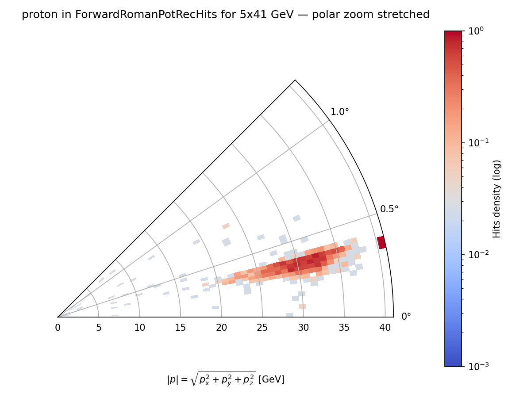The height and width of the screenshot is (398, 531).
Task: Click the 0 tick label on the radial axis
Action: coord(58,328)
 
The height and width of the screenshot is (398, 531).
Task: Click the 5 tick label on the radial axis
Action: coord(99,328)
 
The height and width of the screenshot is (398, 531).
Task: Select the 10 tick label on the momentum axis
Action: coord(139,328)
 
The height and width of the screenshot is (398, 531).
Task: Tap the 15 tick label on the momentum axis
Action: coord(181,328)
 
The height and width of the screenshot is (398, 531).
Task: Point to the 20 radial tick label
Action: coord(221,328)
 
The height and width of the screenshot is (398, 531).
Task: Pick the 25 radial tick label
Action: coord(262,328)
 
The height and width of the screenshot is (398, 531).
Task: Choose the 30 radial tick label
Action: coord(303,328)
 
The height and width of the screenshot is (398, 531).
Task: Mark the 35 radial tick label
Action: coord(344,328)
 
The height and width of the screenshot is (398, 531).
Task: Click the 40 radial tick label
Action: coord(385,328)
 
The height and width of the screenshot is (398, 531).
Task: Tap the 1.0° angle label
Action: coord(340,112)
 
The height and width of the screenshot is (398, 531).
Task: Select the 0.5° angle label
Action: coord(389,209)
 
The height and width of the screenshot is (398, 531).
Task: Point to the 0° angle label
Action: coord(406,317)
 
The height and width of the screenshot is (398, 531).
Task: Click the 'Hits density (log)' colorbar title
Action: coord(497,199)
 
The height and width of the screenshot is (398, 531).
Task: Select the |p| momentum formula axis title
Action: coord(225,379)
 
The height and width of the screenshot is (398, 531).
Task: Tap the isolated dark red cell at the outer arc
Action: coord(381,242)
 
